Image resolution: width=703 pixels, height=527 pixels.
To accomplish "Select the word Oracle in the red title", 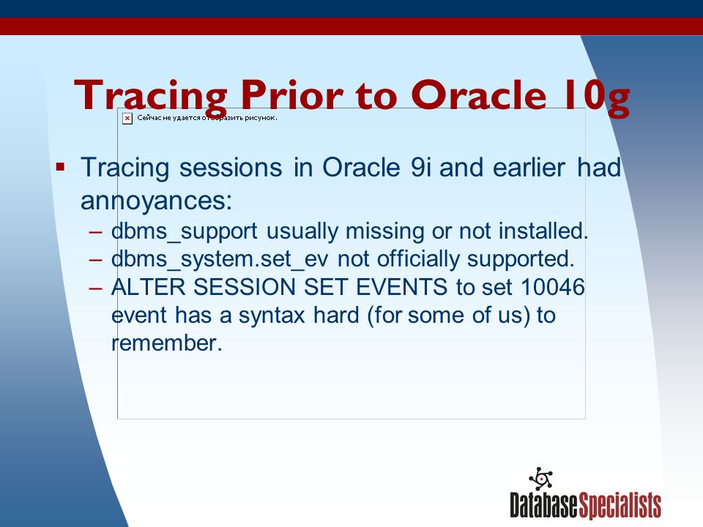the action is (478, 94).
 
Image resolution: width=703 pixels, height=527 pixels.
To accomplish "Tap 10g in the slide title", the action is (597, 97).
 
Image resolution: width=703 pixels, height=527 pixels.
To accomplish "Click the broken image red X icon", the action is (127, 119).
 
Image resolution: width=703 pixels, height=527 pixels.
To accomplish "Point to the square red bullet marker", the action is (61, 168).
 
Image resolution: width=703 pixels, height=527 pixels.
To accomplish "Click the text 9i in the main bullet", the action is (420, 168).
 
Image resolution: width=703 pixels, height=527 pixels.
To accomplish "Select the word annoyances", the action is (156, 201).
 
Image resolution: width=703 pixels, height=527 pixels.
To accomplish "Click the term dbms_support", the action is (185, 232).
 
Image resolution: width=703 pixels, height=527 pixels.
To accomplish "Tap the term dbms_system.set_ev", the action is (220, 259).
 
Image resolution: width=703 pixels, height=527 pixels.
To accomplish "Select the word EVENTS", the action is (402, 287).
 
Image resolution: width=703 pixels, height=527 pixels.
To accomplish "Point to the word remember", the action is (167, 343).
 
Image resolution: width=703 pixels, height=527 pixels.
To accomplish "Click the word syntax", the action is (272, 315).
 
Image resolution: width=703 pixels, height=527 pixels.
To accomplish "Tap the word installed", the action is (543, 231).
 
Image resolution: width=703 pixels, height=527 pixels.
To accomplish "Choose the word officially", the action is (418, 259).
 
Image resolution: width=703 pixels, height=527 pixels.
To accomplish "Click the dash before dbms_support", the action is (95, 232).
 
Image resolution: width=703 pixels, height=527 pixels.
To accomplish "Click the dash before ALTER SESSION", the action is (95, 288).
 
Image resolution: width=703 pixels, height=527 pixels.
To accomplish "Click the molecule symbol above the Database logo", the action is (541, 479).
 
